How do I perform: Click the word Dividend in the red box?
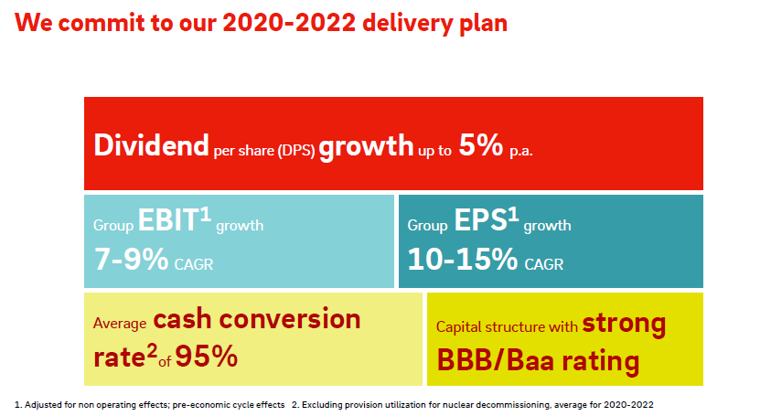(151, 145)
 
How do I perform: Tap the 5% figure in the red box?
(481, 145)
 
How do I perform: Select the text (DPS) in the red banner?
(296, 151)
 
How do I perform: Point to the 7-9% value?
(132, 259)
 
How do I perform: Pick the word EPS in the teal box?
(480, 219)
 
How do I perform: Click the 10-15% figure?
(463, 259)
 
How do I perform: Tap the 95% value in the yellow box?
(207, 357)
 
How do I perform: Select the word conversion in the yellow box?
(290, 319)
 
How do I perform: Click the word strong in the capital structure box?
(624, 324)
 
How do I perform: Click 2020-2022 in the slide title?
(289, 23)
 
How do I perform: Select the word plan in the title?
(483, 24)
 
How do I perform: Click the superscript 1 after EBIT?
(205, 214)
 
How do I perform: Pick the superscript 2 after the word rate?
(152, 351)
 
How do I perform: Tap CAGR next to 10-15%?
(544, 264)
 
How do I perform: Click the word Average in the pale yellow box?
(120, 324)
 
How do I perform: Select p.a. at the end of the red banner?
(521, 151)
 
